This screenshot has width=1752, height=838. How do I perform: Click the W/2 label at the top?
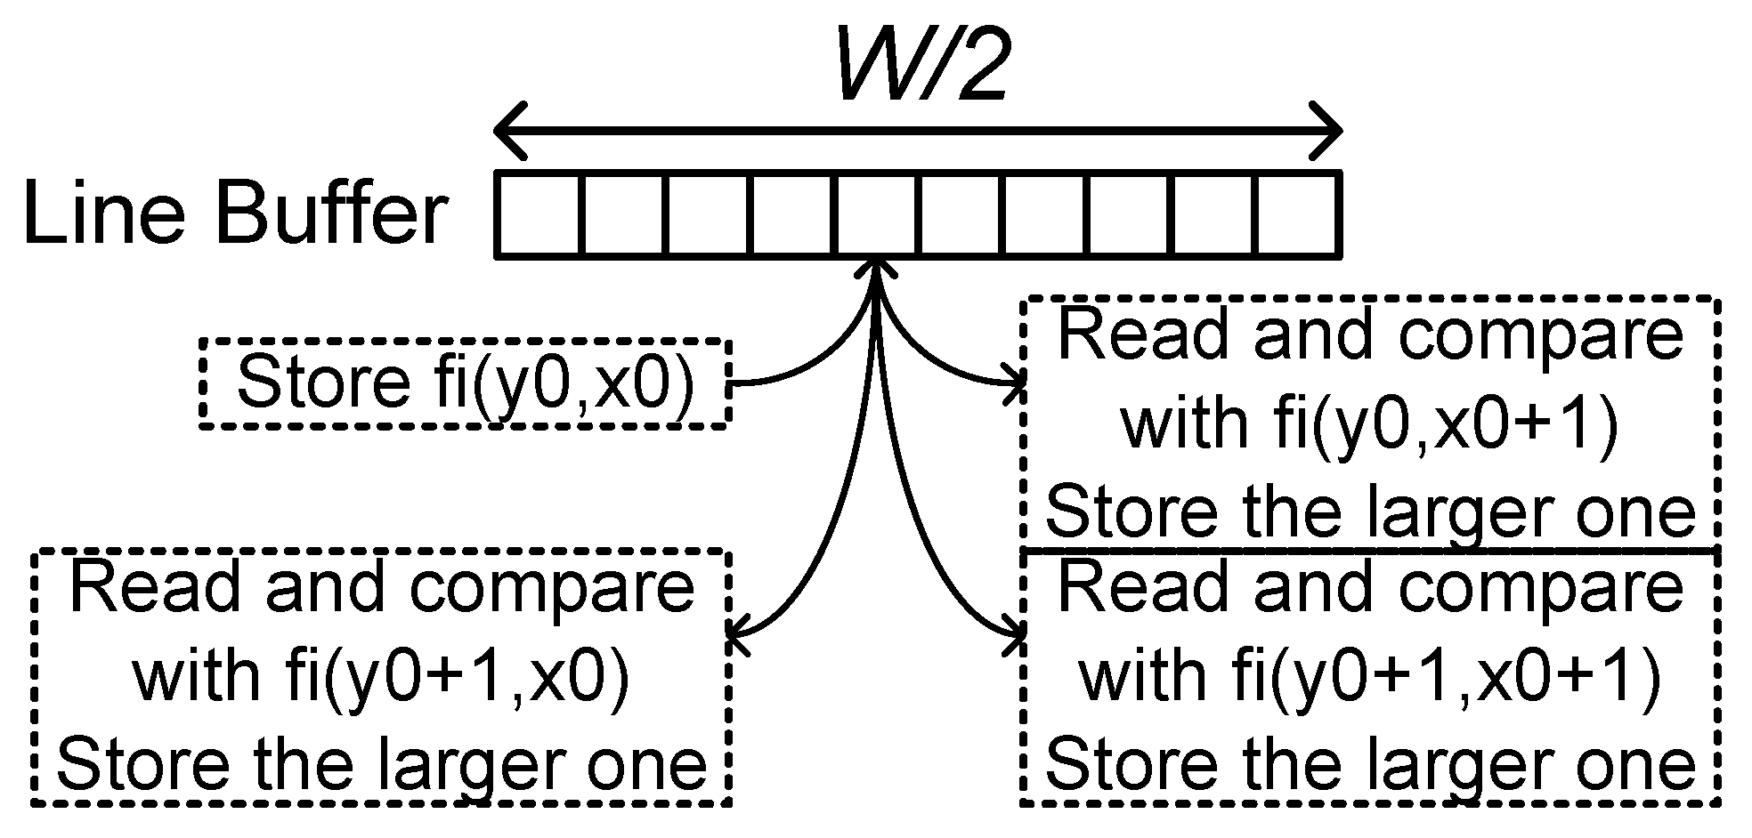921,62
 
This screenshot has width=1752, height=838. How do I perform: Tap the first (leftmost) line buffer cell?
539,215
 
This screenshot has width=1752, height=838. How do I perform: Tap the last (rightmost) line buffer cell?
1298,215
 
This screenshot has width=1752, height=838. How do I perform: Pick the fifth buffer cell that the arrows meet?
878,215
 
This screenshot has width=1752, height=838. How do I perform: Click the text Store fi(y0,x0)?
465,383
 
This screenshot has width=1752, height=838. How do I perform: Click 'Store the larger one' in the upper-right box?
1369,511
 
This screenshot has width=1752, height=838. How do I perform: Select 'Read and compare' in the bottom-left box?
381,587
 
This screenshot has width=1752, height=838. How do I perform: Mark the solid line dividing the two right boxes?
1369,551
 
